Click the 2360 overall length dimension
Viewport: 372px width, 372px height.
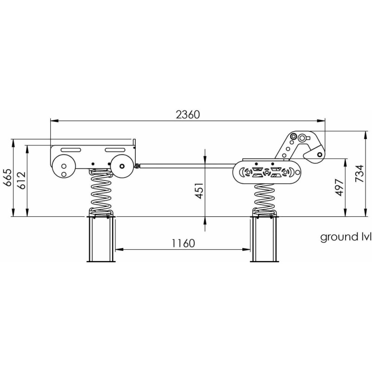[x=188, y=114]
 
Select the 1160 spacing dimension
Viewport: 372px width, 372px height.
[x=183, y=243]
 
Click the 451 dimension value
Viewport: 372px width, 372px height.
[x=199, y=191]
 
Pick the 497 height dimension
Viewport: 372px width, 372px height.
[x=340, y=187]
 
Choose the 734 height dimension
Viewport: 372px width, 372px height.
[x=359, y=173]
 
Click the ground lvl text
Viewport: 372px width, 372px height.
[x=345, y=237]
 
